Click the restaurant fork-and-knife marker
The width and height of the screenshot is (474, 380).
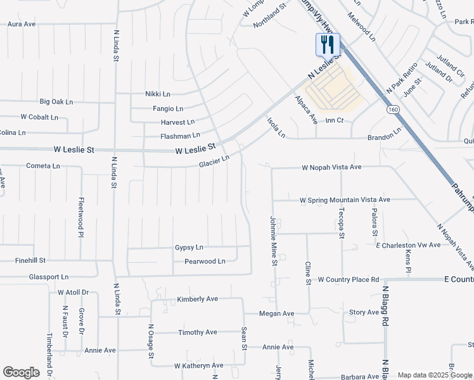pyautogui.click(x=328, y=44)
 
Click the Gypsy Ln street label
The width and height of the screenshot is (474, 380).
pyautogui.click(x=189, y=247)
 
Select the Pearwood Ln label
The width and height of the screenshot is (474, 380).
pyautogui.click(x=205, y=261)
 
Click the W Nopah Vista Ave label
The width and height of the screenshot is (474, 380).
pyautogui.click(x=331, y=167)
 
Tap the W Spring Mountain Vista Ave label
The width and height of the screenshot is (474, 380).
pyautogui.click(x=345, y=199)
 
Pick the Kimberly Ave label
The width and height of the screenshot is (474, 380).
pyautogui.click(x=197, y=299)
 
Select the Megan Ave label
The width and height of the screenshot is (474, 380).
pyautogui.click(x=277, y=313)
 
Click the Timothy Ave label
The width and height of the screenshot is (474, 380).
pyautogui.click(x=198, y=332)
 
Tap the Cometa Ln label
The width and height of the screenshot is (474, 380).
pyautogui.click(x=43, y=166)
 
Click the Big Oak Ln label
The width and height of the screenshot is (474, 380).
pyautogui.click(x=56, y=101)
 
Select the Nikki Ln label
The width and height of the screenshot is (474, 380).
pyautogui.click(x=158, y=94)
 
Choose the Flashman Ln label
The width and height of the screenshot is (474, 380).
pyautogui.click(x=180, y=135)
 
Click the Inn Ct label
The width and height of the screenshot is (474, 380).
pyautogui.click(x=335, y=120)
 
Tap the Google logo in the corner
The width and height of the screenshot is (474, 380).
pyautogui.click(x=21, y=372)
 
